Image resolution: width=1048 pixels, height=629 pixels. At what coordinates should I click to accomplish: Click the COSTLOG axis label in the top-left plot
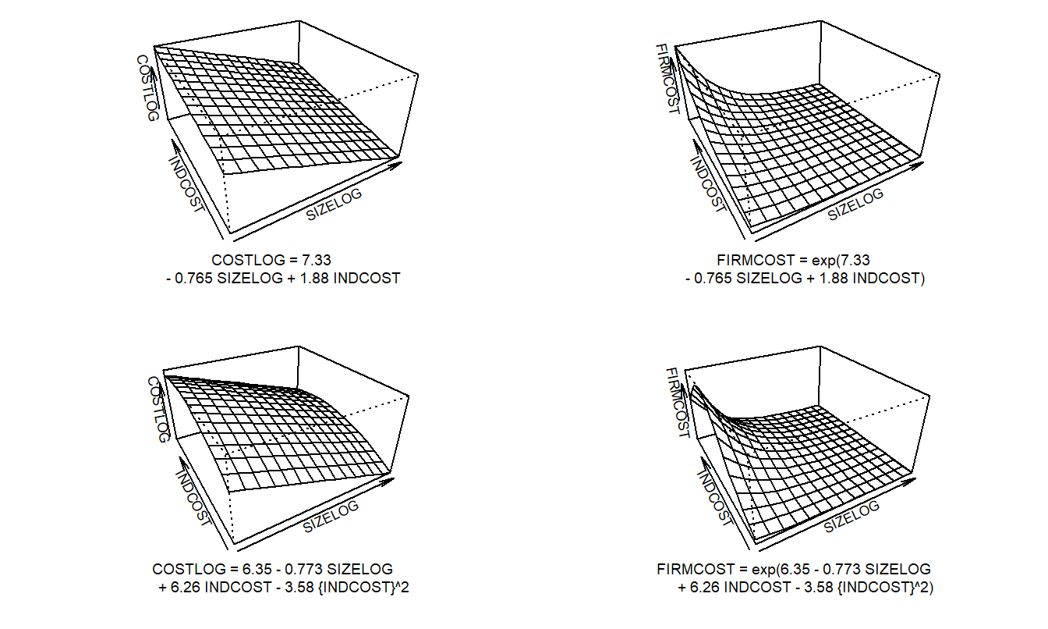(x=148, y=87)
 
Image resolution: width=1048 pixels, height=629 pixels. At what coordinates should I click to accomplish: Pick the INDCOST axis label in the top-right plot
(x=708, y=185)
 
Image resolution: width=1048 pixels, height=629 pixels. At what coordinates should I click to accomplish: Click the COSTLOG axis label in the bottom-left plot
(x=158, y=410)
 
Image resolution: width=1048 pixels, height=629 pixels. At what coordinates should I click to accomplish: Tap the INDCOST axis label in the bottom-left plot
(x=193, y=498)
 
